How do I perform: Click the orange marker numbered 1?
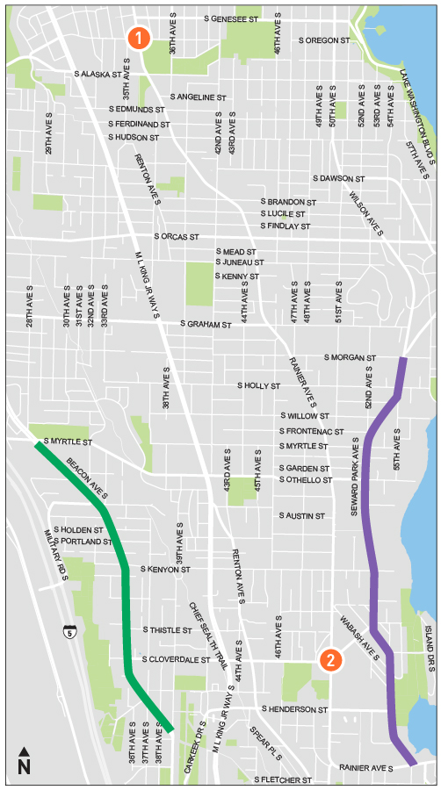point(140,38)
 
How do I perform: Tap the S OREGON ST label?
point(324,40)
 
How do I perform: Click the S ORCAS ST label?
point(177,237)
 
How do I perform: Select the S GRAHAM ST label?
point(205,324)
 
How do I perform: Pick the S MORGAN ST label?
point(350,358)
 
